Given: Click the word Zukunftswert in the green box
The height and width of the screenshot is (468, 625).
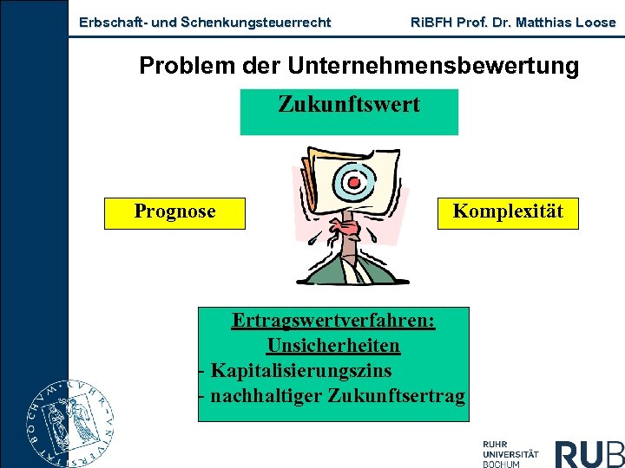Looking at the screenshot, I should (x=348, y=106).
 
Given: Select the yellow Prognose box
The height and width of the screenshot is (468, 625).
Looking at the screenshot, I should (x=174, y=212).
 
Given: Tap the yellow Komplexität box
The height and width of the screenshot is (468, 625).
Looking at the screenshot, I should (x=508, y=212).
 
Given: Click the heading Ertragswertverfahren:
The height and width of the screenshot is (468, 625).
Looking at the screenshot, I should (x=333, y=321).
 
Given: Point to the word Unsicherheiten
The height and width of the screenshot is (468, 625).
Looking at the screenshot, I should (x=333, y=346).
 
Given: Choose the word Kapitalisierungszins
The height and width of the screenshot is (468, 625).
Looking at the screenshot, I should (x=300, y=371).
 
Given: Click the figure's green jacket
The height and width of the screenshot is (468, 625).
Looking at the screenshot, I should (x=321, y=269).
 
